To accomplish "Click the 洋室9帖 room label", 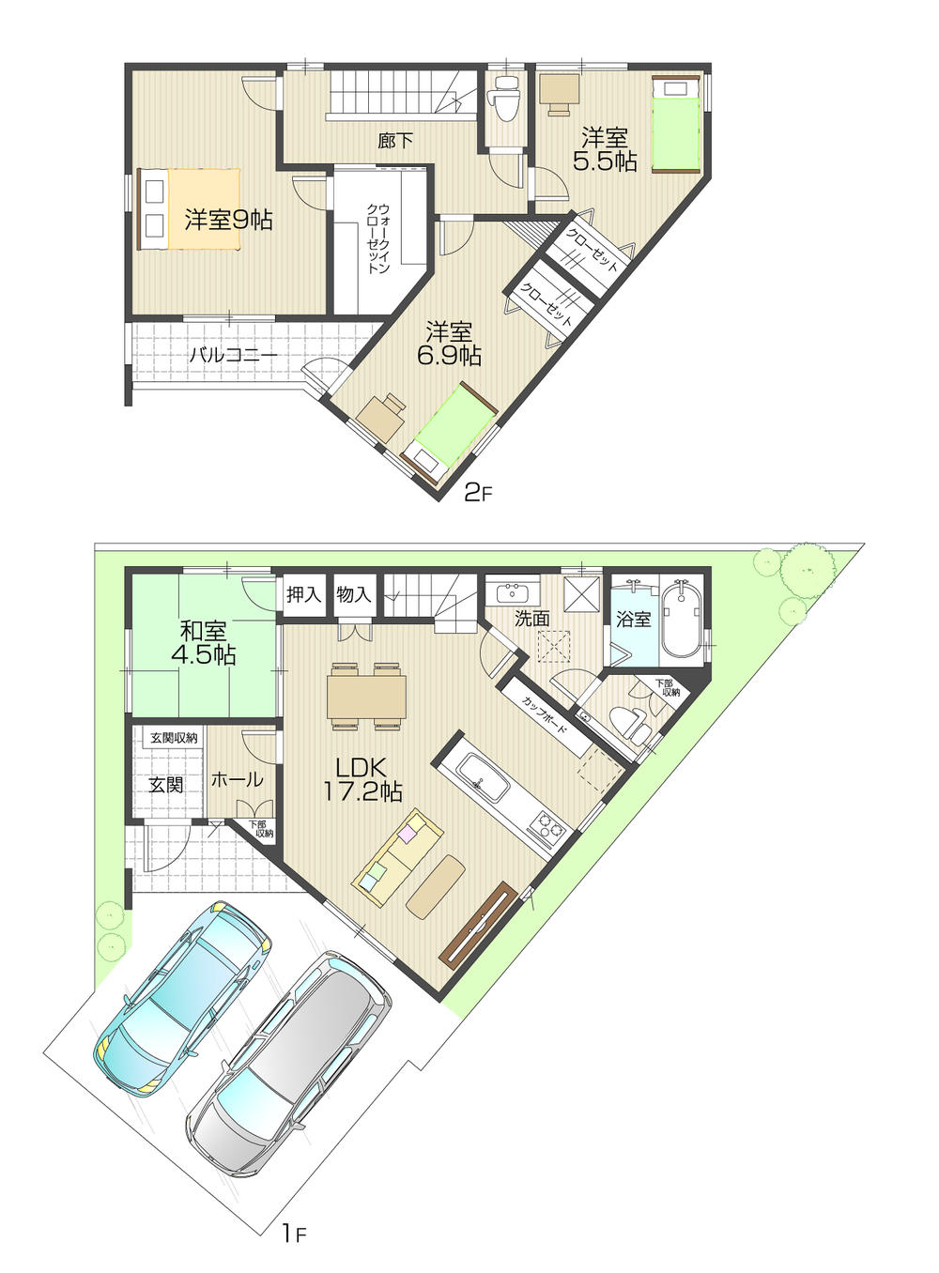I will point(228,221).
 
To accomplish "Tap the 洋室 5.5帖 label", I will point(605,149).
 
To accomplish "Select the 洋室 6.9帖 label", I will point(450,344).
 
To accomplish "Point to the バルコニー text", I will point(233,356).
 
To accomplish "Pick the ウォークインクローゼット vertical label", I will point(377,238).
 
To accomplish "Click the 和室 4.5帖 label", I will point(203,643).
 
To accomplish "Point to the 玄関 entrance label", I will point(166,784).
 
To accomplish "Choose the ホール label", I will point(237,780).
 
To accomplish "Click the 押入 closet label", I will point(303,594).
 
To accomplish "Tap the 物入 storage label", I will point(354,594).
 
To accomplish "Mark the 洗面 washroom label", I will point(531,619).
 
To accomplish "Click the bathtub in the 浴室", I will point(682,624).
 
